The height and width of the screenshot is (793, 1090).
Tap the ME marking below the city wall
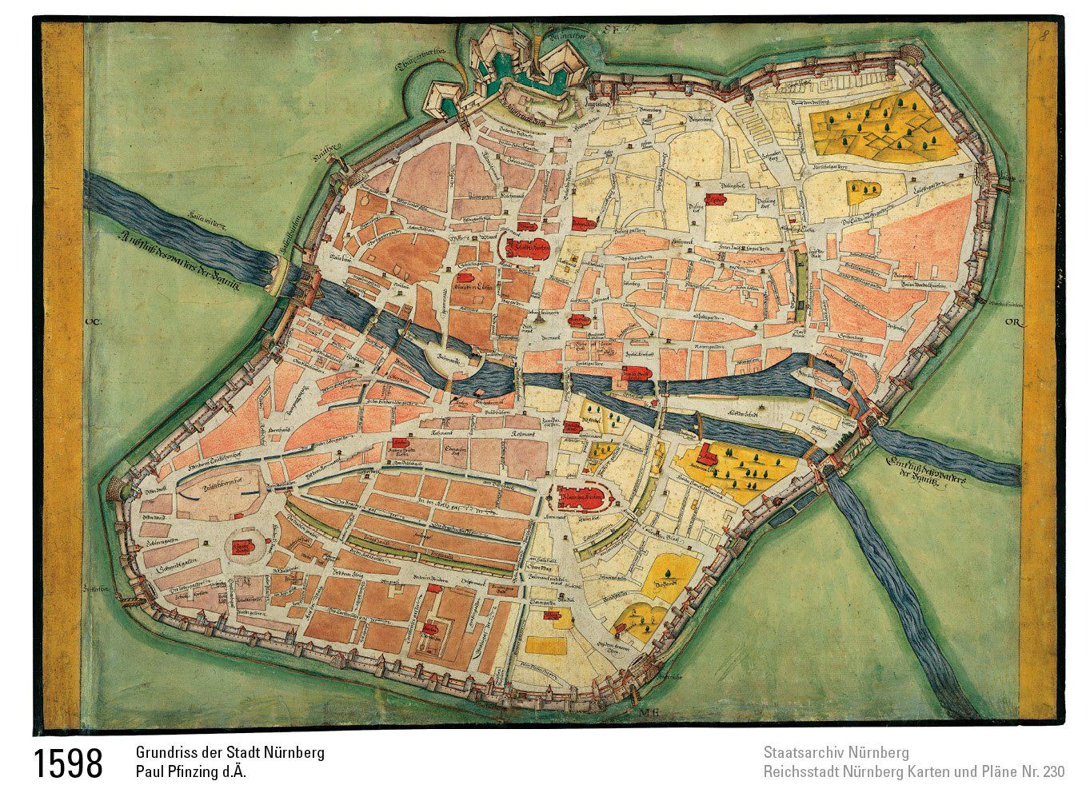[x=649, y=710]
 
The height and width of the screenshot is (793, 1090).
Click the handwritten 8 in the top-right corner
[x=1044, y=34]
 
